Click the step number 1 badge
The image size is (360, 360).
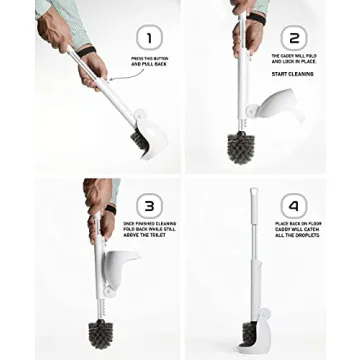tap(148, 39)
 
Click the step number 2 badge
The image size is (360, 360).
tap(293, 39)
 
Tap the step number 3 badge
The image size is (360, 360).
tap(148, 206)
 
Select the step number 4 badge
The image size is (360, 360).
tap(293, 206)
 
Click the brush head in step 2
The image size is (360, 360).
tap(240, 146)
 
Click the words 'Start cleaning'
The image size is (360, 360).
tap(292, 73)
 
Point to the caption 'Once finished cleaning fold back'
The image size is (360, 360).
tap(149, 229)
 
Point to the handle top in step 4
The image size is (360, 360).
tap(252, 193)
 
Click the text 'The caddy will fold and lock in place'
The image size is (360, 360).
tap(293, 58)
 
